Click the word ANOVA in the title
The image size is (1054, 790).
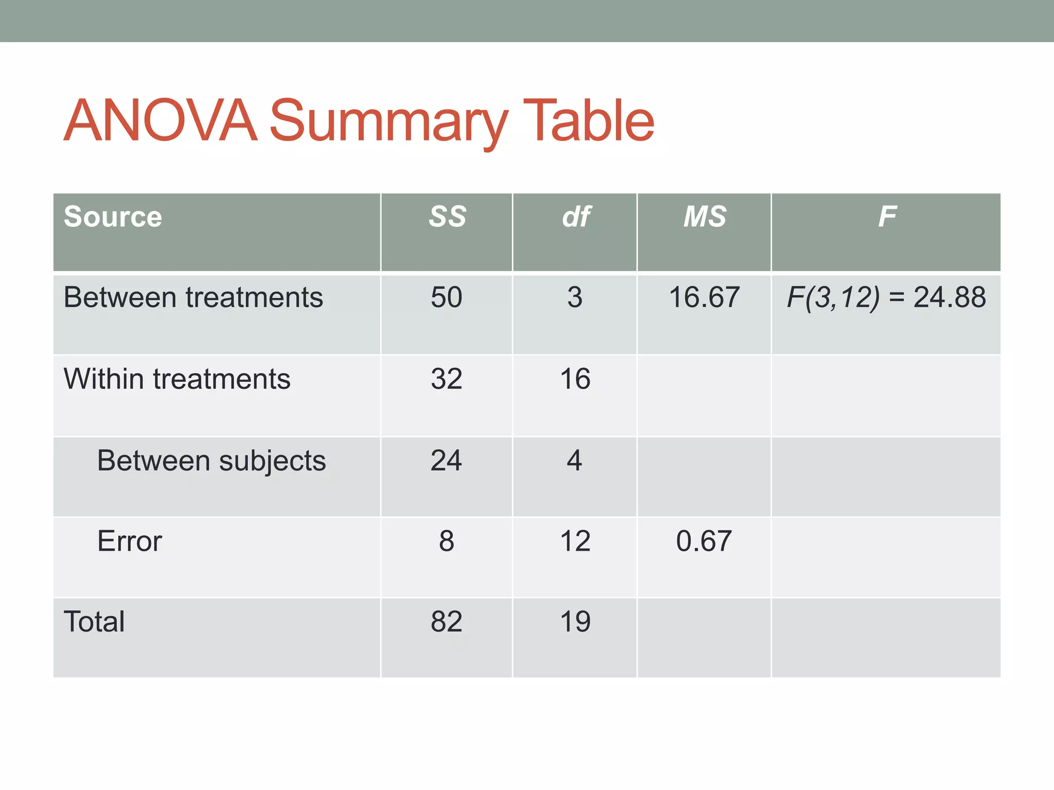click(160, 121)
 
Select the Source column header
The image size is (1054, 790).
click(113, 217)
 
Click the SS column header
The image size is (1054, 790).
click(447, 217)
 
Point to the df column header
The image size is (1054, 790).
click(576, 217)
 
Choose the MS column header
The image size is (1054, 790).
click(705, 217)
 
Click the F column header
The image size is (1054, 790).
click(887, 217)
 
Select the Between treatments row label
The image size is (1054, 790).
click(193, 297)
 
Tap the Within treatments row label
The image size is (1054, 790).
click(177, 379)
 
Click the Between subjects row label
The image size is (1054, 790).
click(211, 461)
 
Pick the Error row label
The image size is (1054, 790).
click(130, 541)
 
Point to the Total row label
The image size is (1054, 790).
click(94, 621)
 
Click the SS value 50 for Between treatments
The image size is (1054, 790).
click(447, 297)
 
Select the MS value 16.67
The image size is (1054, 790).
click(704, 297)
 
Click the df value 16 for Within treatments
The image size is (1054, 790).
click(575, 379)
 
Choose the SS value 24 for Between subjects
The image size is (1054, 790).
click(446, 460)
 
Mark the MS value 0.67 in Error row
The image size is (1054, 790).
click(704, 541)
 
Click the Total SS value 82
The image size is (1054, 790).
click(447, 621)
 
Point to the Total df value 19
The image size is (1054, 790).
click(575, 621)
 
